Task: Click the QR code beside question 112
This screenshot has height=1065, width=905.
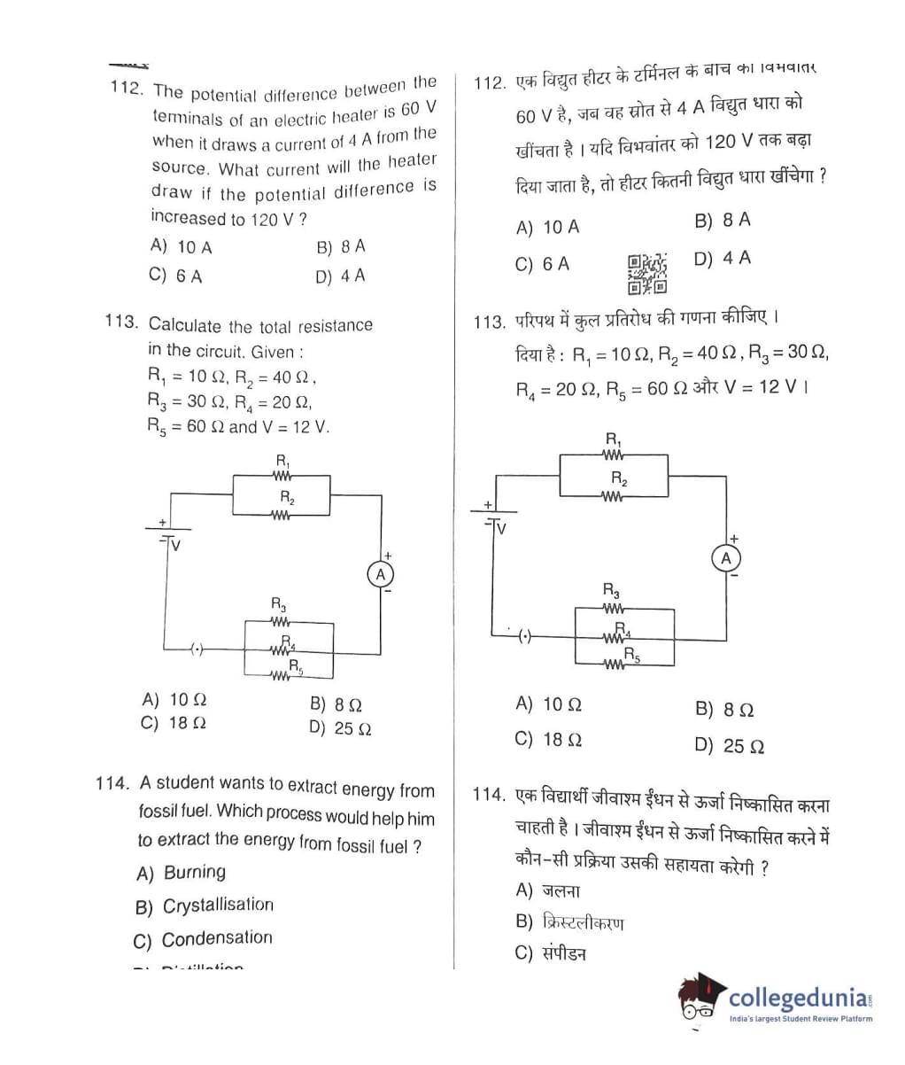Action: click(646, 273)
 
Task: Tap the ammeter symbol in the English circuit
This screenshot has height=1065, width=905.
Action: click(381, 574)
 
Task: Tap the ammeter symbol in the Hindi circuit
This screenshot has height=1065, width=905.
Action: click(726, 558)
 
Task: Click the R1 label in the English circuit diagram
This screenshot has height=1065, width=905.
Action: click(282, 461)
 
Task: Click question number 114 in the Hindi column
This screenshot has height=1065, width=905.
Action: click(489, 795)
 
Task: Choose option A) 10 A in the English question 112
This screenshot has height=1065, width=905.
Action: click(182, 246)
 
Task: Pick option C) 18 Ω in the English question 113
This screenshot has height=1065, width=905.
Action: click(174, 723)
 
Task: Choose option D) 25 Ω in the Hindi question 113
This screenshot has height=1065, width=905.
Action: click(730, 746)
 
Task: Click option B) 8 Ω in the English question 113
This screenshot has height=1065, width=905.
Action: click(336, 705)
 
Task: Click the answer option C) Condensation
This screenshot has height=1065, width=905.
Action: click(203, 939)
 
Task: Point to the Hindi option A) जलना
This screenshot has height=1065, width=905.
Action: click(547, 890)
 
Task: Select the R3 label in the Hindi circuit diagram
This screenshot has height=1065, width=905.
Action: click(611, 590)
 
